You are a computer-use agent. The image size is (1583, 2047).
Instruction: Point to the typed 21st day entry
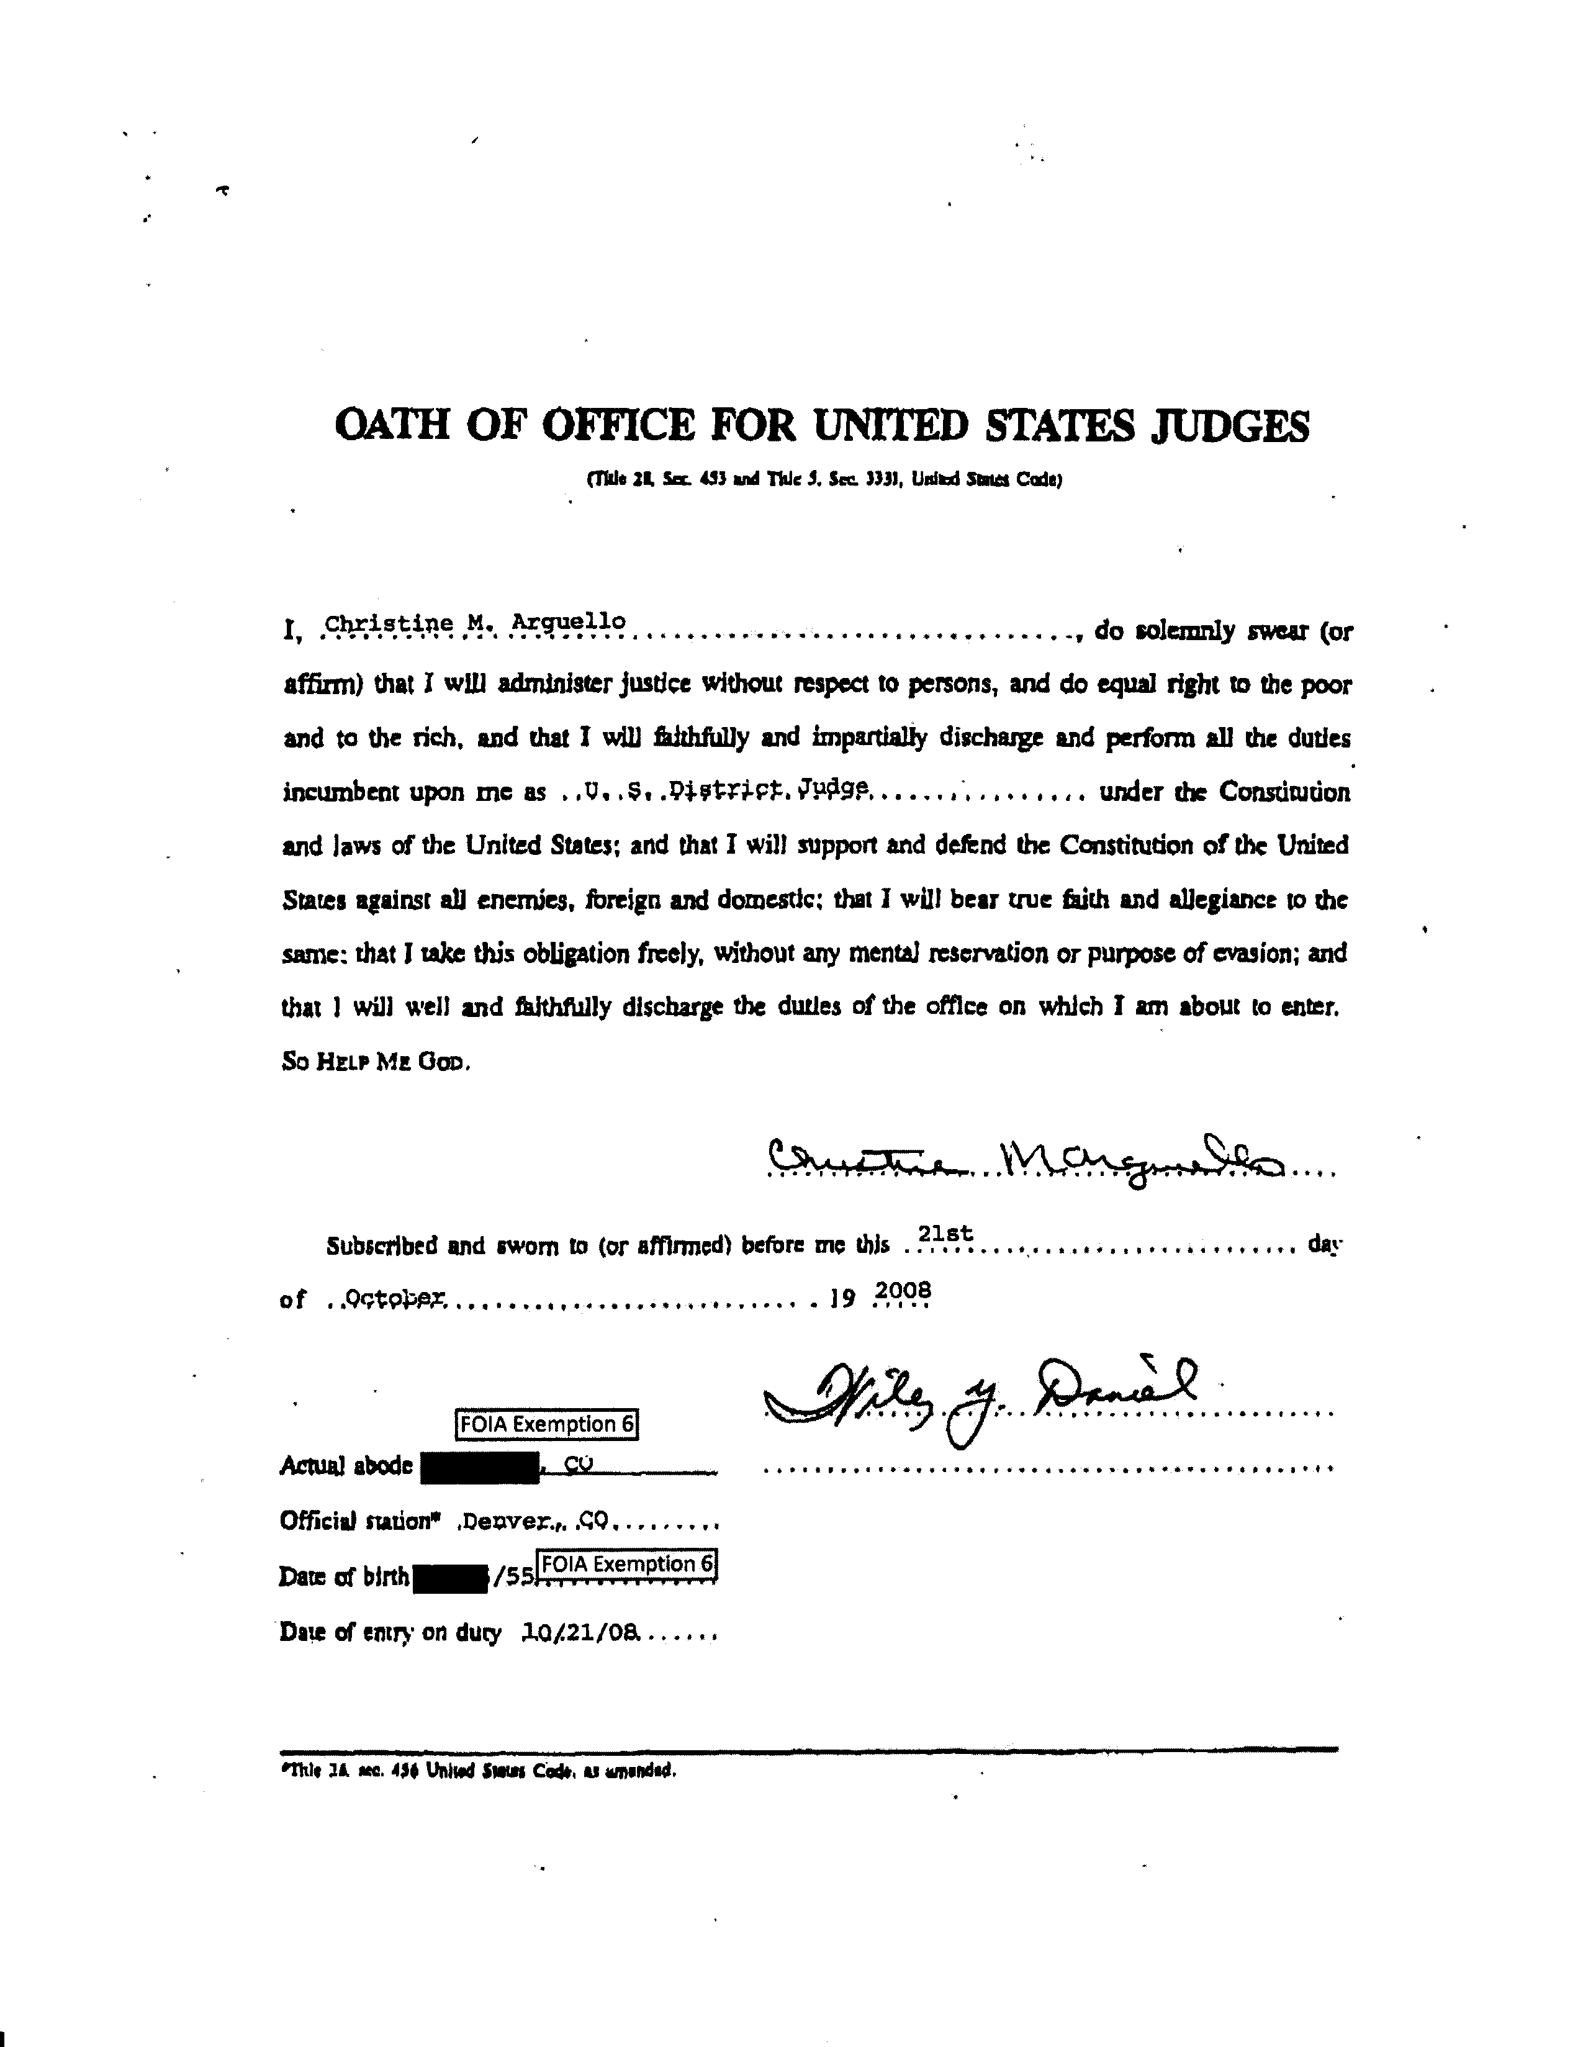[x=945, y=1236]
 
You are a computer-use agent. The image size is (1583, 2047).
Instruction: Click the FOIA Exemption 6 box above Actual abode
[x=546, y=1424]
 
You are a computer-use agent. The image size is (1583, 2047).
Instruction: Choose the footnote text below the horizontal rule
[x=478, y=1771]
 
